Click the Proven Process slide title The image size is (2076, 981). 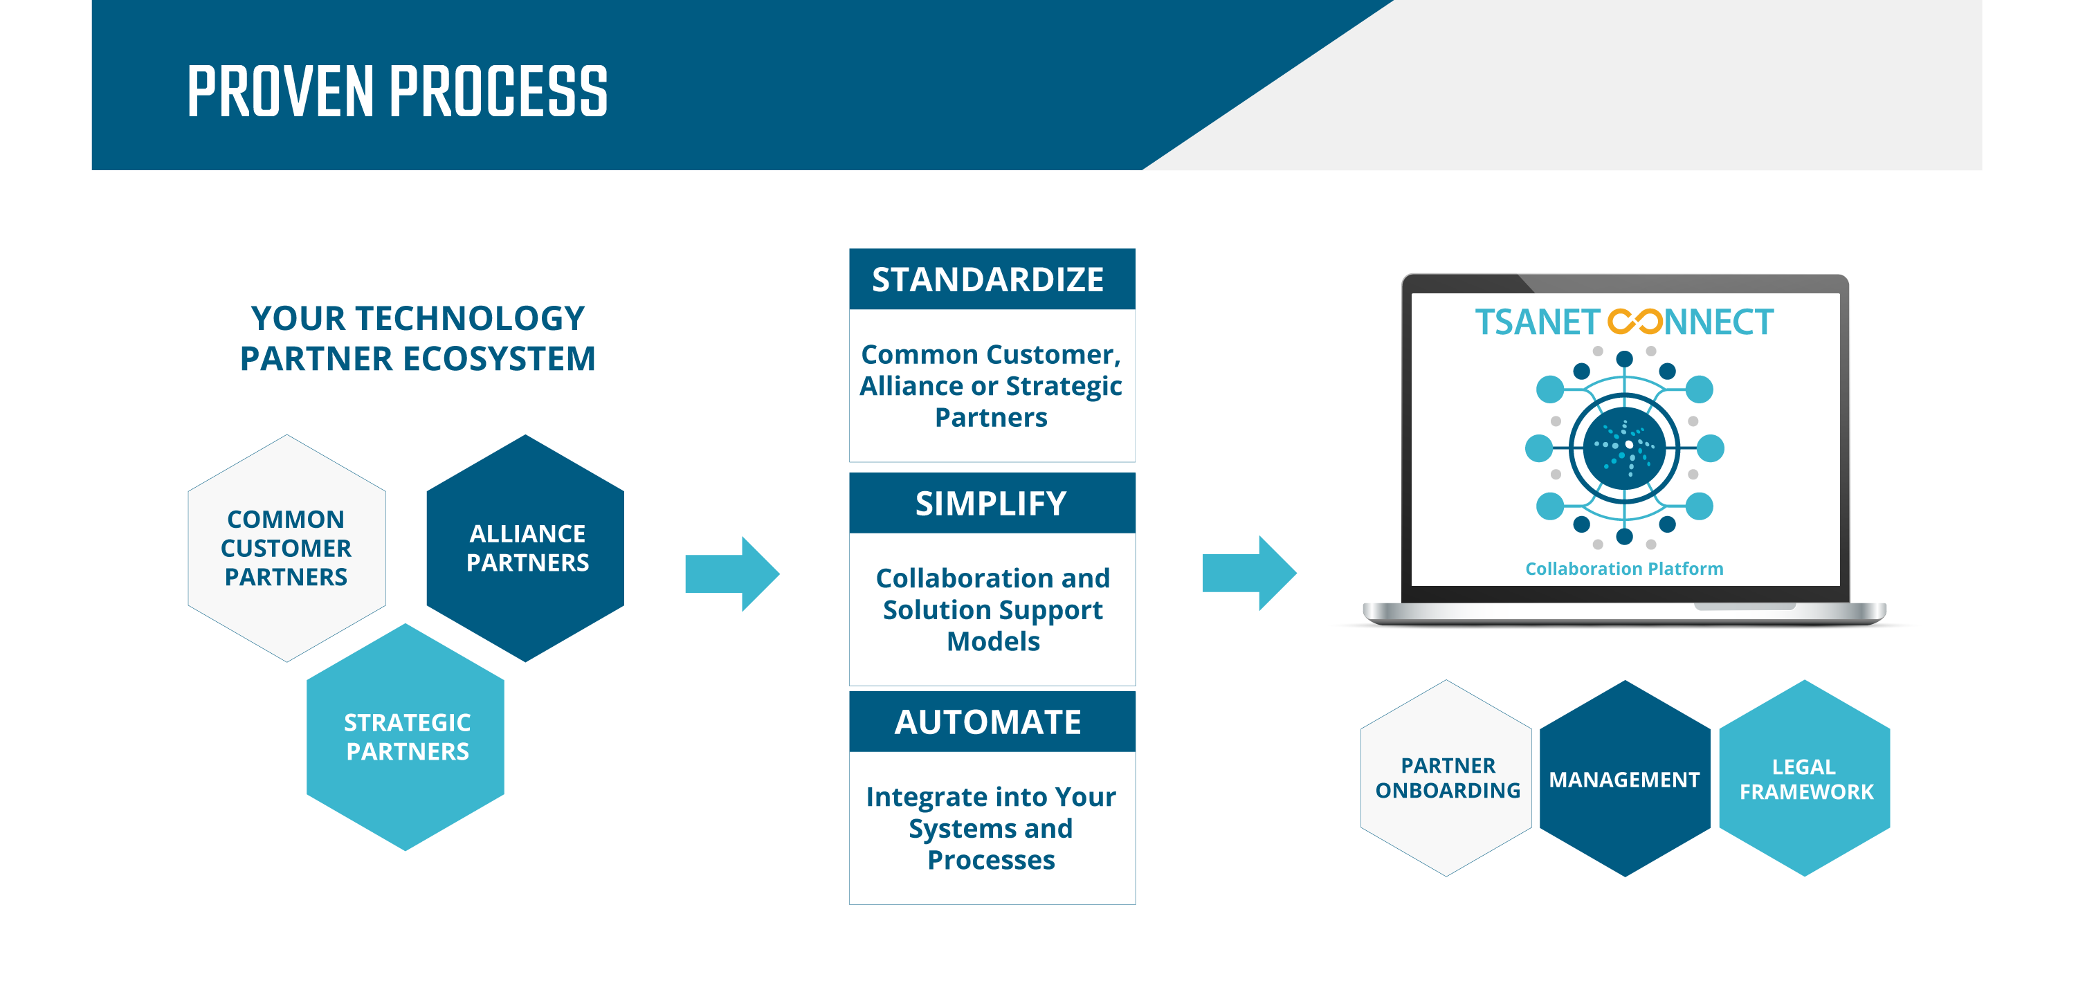[x=397, y=92]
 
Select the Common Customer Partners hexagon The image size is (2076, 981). [x=287, y=549]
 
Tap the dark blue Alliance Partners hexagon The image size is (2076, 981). [x=525, y=549]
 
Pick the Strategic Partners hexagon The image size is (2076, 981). [x=406, y=737]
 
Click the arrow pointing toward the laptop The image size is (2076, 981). [x=1249, y=574]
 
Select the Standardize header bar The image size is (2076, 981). [x=992, y=279]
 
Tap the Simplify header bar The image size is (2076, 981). [x=992, y=504]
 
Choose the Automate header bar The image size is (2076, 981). [x=992, y=722]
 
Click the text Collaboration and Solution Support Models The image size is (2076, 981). [x=993, y=609]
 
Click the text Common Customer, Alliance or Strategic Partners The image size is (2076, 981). [x=991, y=386]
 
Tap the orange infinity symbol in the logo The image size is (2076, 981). [x=1635, y=322]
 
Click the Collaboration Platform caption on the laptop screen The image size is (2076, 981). [x=1624, y=569]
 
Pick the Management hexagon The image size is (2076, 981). [x=1625, y=778]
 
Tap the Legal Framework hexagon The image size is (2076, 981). [x=1805, y=778]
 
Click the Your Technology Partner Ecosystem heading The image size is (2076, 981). [x=417, y=338]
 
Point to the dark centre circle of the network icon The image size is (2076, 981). [x=1624, y=448]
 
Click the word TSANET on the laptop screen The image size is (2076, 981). [x=1537, y=322]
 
